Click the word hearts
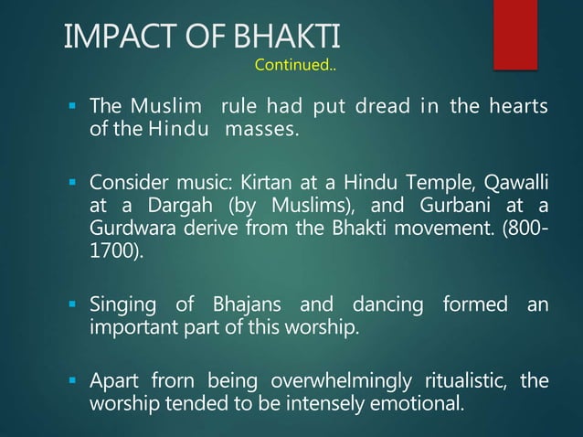click(516, 111)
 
